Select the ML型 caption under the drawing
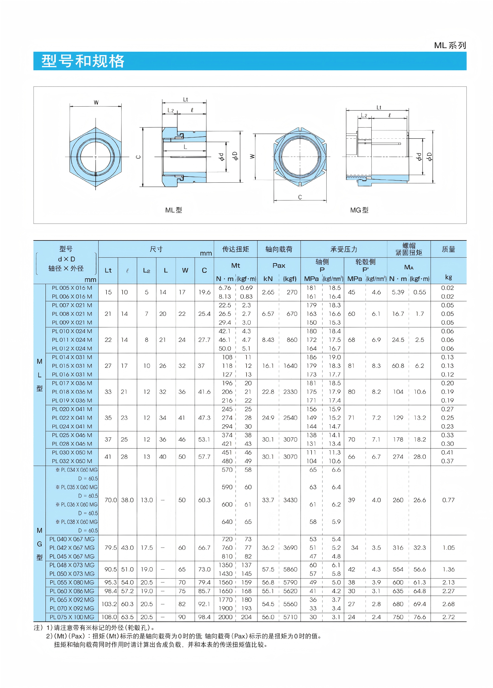[x=173, y=210]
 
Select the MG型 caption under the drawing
[x=359, y=210]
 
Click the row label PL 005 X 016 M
[x=72, y=288]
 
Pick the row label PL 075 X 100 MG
[x=72, y=617]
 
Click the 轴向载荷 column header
[x=279, y=249]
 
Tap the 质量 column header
[x=448, y=249]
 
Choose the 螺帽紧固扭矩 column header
[x=409, y=249]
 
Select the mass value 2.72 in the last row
[x=448, y=617]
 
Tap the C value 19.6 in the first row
[x=204, y=292]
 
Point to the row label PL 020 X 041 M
[x=72, y=409]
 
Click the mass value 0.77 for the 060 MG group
[x=448, y=500]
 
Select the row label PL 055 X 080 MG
[x=72, y=582]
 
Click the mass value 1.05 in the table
[x=448, y=548]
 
